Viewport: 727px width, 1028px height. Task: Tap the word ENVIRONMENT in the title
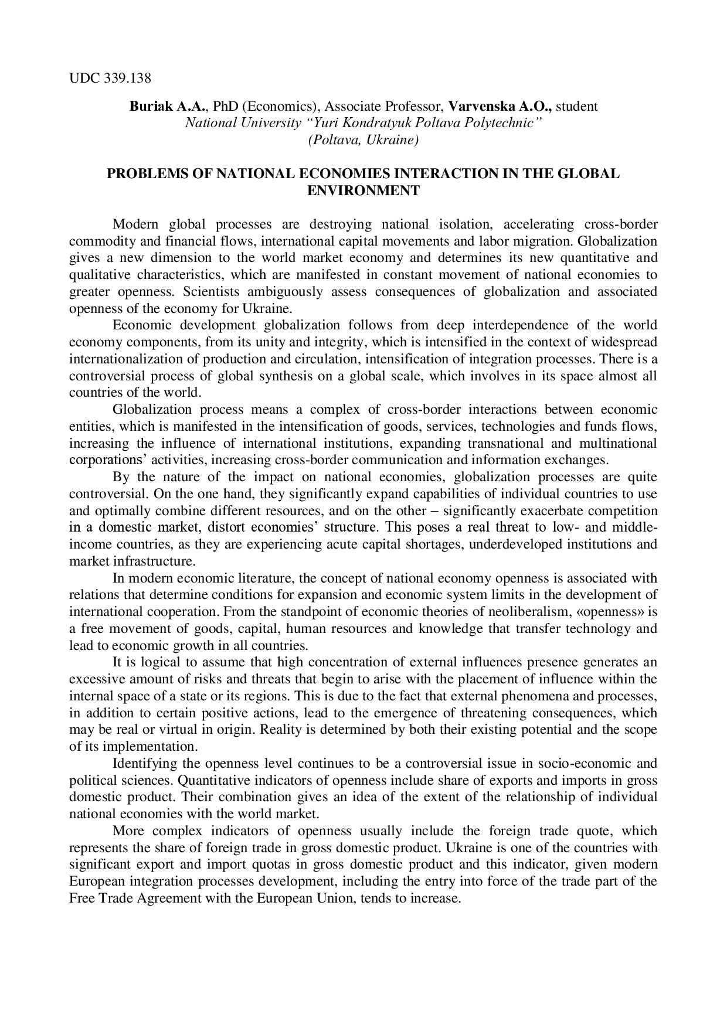pyautogui.click(x=363, y=190)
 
